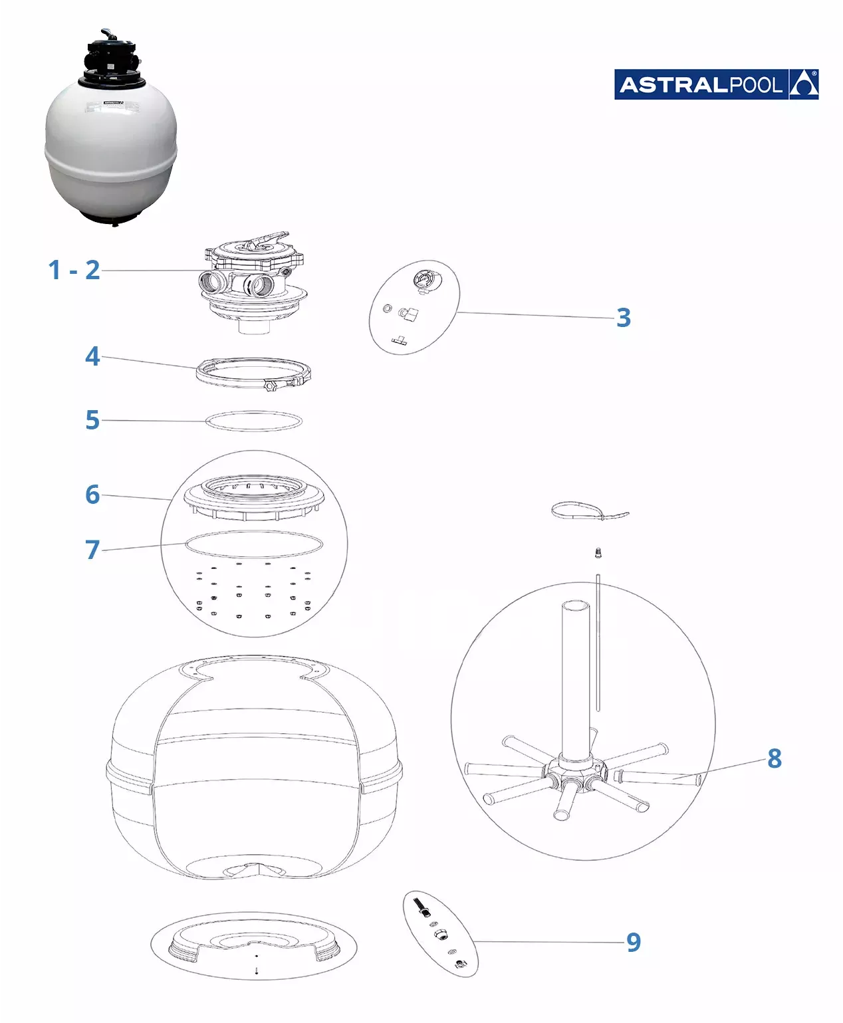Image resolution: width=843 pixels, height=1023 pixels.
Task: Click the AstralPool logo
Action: [716, 84]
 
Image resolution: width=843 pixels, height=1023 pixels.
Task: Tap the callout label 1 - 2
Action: [74, 270]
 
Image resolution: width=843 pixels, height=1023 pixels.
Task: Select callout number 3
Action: [624, 318]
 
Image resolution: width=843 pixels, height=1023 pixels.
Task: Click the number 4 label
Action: [92, 356]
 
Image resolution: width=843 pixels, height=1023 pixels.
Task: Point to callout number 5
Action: [92, 420]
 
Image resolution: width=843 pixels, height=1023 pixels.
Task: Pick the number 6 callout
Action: [92, 494]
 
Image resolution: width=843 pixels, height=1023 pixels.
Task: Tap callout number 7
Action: [92, 549]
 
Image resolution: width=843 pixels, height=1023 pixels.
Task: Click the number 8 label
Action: [775, 758]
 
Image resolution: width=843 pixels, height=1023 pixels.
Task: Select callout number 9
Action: [634, 942]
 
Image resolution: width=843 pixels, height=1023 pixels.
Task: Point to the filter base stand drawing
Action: [254, 947]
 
